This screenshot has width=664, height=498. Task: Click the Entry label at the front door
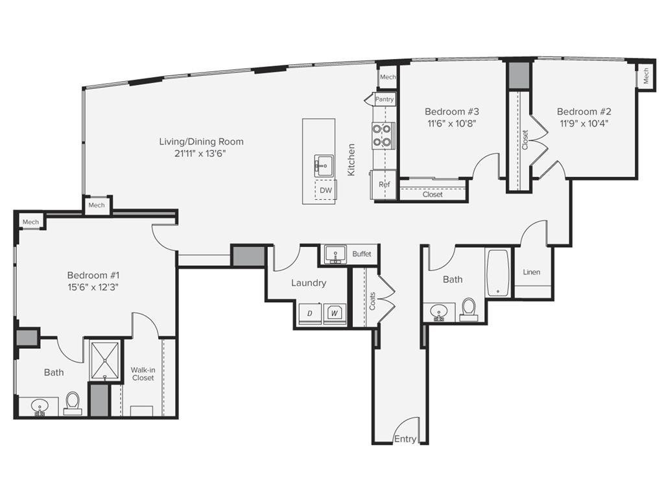(405, 439)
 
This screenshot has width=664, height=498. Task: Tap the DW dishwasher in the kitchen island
(326, 190)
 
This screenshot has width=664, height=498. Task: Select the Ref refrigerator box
(384, 184)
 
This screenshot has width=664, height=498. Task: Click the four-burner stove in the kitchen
(382, 135)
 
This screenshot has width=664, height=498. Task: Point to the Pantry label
(385, 100)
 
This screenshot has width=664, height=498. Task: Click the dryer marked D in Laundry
(310, 313)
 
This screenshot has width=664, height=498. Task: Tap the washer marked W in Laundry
(335, 313)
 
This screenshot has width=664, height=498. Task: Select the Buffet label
(362, 254)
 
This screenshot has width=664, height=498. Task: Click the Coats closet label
(372, 300)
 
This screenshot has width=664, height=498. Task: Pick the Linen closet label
(532, 272)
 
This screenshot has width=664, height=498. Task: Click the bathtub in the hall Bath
(498, 273)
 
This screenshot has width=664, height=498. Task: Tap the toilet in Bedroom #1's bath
(73, 403)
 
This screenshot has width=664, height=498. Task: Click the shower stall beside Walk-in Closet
(104, 361)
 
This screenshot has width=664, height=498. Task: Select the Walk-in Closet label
(143, 373)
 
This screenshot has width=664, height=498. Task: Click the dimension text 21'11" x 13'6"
(201, 154)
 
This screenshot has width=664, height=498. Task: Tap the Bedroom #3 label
(451, 111)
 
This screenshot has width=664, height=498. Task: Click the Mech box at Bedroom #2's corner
(646, 78)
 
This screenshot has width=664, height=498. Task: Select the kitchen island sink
(321, 165)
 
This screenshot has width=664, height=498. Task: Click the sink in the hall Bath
(440, 313)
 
